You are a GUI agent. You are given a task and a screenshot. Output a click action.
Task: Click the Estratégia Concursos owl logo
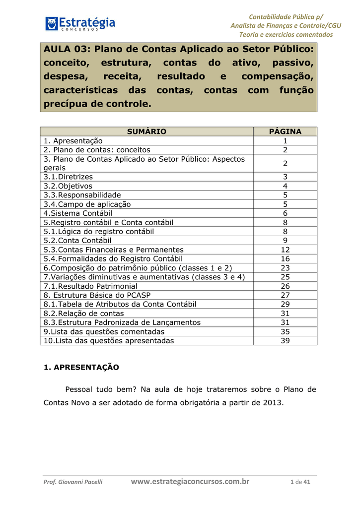point(52,23)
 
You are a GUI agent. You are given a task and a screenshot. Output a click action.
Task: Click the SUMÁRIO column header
point(146,131)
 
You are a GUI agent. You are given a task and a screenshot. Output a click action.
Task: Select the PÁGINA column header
point(285,131)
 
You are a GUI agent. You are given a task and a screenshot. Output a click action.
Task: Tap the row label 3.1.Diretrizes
point(68,177)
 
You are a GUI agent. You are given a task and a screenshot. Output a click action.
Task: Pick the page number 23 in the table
point(285,268)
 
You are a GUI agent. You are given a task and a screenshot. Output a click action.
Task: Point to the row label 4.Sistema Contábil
point(78,213)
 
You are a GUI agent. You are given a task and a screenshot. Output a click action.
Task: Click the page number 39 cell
point(285,341)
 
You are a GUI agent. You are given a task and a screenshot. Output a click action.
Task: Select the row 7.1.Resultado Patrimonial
point(90,286)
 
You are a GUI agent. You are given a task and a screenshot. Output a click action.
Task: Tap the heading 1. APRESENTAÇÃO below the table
point(81,368)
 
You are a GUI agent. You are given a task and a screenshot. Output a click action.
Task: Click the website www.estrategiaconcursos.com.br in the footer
point(190,481)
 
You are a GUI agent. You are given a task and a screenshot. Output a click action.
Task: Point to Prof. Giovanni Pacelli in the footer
point(73,482)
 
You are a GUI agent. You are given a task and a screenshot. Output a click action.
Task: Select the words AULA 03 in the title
point(66,50)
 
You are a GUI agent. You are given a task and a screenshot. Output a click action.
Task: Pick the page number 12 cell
point(285,250)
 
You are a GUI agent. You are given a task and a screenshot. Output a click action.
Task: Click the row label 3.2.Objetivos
point(68,186)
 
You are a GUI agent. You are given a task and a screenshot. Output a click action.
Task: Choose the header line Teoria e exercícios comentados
point(286,34)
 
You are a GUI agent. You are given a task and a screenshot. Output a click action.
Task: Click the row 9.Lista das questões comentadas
point(104,331)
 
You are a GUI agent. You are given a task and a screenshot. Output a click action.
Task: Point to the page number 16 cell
point(285,259)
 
